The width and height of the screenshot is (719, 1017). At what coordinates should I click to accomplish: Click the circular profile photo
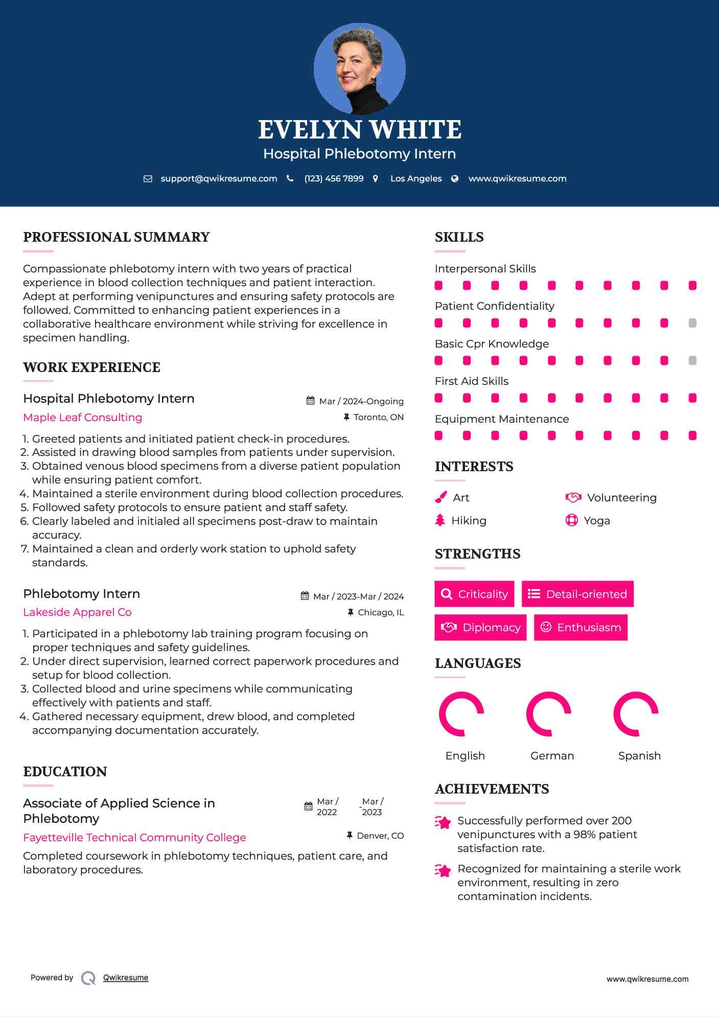(x=359, y=68)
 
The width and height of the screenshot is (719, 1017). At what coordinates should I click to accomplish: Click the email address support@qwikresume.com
(x=219, y=178)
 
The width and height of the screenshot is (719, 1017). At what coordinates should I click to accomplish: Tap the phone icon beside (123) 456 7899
(x=290, y=178)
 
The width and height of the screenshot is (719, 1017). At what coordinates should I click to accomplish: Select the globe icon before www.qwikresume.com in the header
(x=455, y=178)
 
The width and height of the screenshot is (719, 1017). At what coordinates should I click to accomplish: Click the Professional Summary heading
(x=117, y=237)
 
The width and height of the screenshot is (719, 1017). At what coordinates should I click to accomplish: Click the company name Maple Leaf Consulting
(x=83, y=417)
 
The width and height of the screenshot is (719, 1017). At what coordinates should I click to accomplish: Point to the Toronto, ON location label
(x=378, y=417)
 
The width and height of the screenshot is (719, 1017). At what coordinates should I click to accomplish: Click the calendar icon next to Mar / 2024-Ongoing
(x=310, y=401)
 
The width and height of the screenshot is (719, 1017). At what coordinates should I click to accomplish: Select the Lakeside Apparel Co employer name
(x=77, y=612)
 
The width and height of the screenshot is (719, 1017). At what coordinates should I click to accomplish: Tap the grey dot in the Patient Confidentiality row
(x=692, y=323)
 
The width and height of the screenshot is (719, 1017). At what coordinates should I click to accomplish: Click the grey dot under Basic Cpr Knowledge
(x=692, y=360)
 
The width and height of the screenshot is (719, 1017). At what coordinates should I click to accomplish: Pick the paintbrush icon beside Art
(x=440, y=497)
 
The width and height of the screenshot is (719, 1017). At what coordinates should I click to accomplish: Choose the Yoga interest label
(x=597, y=520)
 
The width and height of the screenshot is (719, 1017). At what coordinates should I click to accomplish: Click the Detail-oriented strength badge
(x=577, y=594)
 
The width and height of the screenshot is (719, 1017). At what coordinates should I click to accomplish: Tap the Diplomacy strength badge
(x=480, y=627)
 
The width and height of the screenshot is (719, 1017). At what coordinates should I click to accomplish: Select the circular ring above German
(x=549, y=714)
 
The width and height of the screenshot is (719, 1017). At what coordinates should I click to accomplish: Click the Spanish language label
(x=639, y=755)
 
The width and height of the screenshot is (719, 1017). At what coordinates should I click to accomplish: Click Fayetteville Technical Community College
(x=134, y=837)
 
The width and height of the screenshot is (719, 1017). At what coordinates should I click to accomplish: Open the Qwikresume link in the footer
(x=126, y=977)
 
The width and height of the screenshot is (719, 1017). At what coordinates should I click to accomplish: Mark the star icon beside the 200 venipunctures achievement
(x=443, y=822)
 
